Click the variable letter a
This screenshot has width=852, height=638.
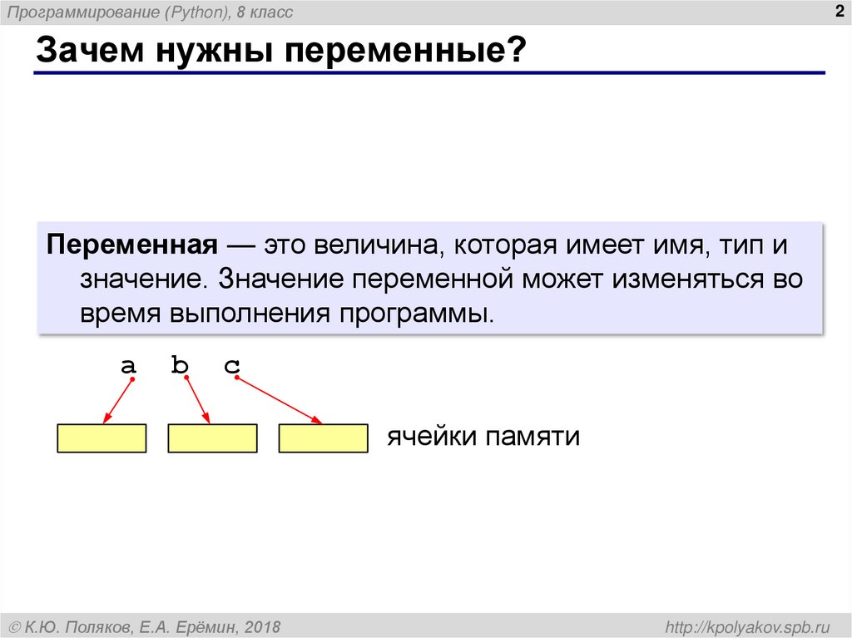click(x=128, y=365)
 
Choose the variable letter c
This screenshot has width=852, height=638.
click(x=231, y=365)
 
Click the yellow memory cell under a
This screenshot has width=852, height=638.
click(x=102, y=438)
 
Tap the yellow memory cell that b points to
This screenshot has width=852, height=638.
click(x=212, y=438)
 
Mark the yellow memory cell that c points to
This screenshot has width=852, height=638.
click(x=323, y=438)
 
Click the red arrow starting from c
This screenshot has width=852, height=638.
click(x=280, y=400)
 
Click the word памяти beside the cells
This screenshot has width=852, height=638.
click(x=533, y=438)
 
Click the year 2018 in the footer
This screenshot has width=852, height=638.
click(x=263, y=626)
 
